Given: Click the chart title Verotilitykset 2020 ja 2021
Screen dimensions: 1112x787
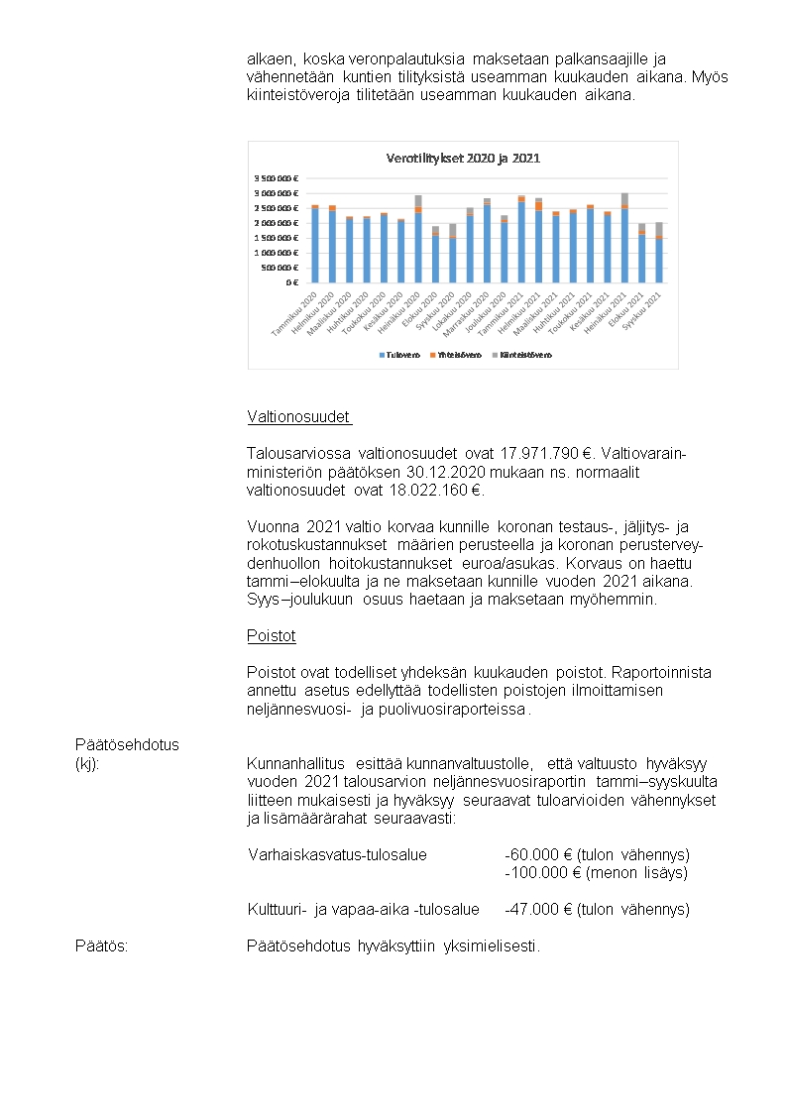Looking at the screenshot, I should pyautogui.click(x=462, y=158).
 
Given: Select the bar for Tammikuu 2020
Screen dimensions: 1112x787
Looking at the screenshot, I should pyautogui.click(x=315, y=245).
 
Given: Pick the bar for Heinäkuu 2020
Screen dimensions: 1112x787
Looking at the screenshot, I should pyautogui.click(x=418, y=240).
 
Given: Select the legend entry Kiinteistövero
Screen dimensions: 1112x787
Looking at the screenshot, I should pyautogui.click(x=529, y=355).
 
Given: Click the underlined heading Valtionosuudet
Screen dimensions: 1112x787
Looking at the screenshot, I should pyautogui.click(x=298, y=417).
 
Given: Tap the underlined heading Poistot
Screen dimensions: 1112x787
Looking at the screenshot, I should pyautogui.click(x=271, y=635).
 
